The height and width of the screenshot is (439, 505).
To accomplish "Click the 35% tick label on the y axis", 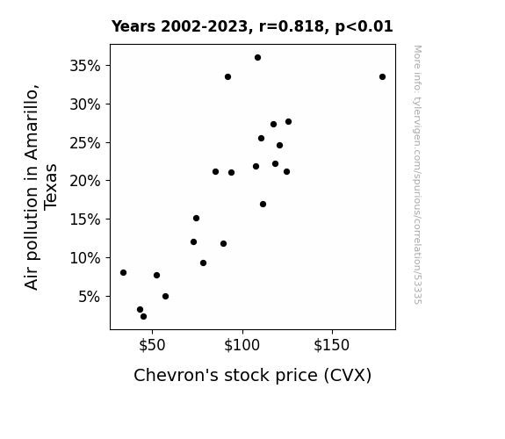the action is coord(85,66).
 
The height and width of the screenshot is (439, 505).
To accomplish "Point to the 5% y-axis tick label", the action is coord(90,297).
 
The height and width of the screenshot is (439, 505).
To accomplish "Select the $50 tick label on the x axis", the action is coord(152,345).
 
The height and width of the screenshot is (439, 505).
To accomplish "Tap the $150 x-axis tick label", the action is coord(331,345).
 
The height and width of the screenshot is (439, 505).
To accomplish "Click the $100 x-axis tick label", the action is coord(242,345).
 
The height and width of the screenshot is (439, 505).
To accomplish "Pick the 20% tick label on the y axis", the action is coord(85,181).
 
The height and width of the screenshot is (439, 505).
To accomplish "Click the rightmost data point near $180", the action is coord(382,77).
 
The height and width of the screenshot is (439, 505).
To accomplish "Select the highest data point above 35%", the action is coord(257,58).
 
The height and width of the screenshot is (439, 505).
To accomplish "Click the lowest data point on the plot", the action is coord(144,317).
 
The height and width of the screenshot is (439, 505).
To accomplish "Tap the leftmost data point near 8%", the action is coord(123,273).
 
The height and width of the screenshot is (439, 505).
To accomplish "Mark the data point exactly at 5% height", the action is coord(165,296).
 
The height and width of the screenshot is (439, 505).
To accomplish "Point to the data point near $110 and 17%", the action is coord(263,205).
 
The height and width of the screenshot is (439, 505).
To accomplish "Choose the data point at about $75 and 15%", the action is coord(196,219).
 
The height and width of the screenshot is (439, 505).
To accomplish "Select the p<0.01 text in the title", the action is coord(364,27).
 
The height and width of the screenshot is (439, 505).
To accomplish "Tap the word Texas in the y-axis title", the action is coord(51,187).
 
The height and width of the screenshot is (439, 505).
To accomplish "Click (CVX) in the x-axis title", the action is coord(348,376).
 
